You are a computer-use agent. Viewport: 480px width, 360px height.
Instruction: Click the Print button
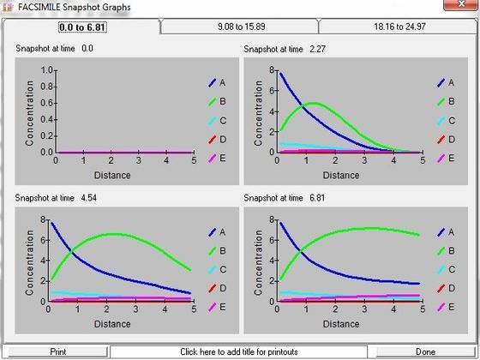[x=58, y=351]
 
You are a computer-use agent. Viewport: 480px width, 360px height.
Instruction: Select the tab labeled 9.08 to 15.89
[x=241, y=27]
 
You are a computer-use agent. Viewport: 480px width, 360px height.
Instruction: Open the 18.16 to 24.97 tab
[x=399, y=27]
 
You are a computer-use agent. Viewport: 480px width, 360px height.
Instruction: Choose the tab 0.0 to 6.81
[x=82, y=27]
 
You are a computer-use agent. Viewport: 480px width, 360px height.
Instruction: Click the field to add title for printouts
[x=239, y=351]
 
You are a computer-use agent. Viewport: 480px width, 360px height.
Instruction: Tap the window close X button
[x=461, y=4]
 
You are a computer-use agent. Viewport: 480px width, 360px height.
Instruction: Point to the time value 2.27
[x=317, y=49]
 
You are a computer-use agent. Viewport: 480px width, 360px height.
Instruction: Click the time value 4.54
[x=89, y=198]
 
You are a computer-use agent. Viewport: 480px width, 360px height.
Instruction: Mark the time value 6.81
[x=317, y=198]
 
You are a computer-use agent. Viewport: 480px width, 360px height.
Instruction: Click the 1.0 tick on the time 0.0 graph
[x=47, y=70]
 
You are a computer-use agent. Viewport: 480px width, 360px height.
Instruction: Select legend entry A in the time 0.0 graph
[x=217, y=82]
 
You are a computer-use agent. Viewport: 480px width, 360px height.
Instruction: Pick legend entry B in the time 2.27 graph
[x=446, y=101]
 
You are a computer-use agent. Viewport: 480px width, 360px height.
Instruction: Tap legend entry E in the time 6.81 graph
[x=446, y=307]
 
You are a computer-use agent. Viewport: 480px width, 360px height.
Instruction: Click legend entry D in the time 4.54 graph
[x=217, y=288]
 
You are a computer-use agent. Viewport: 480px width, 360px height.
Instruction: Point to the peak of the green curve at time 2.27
[x=315, y=103]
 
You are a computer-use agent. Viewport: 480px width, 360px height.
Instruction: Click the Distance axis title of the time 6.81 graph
[x=341, y=324]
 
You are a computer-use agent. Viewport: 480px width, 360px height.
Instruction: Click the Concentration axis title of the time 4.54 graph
[x=30, y=262]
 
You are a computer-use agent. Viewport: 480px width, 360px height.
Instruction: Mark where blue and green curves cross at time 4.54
[x=72, y=252]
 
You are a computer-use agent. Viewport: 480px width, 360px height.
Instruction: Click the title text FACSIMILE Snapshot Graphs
[x=74, y=7]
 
